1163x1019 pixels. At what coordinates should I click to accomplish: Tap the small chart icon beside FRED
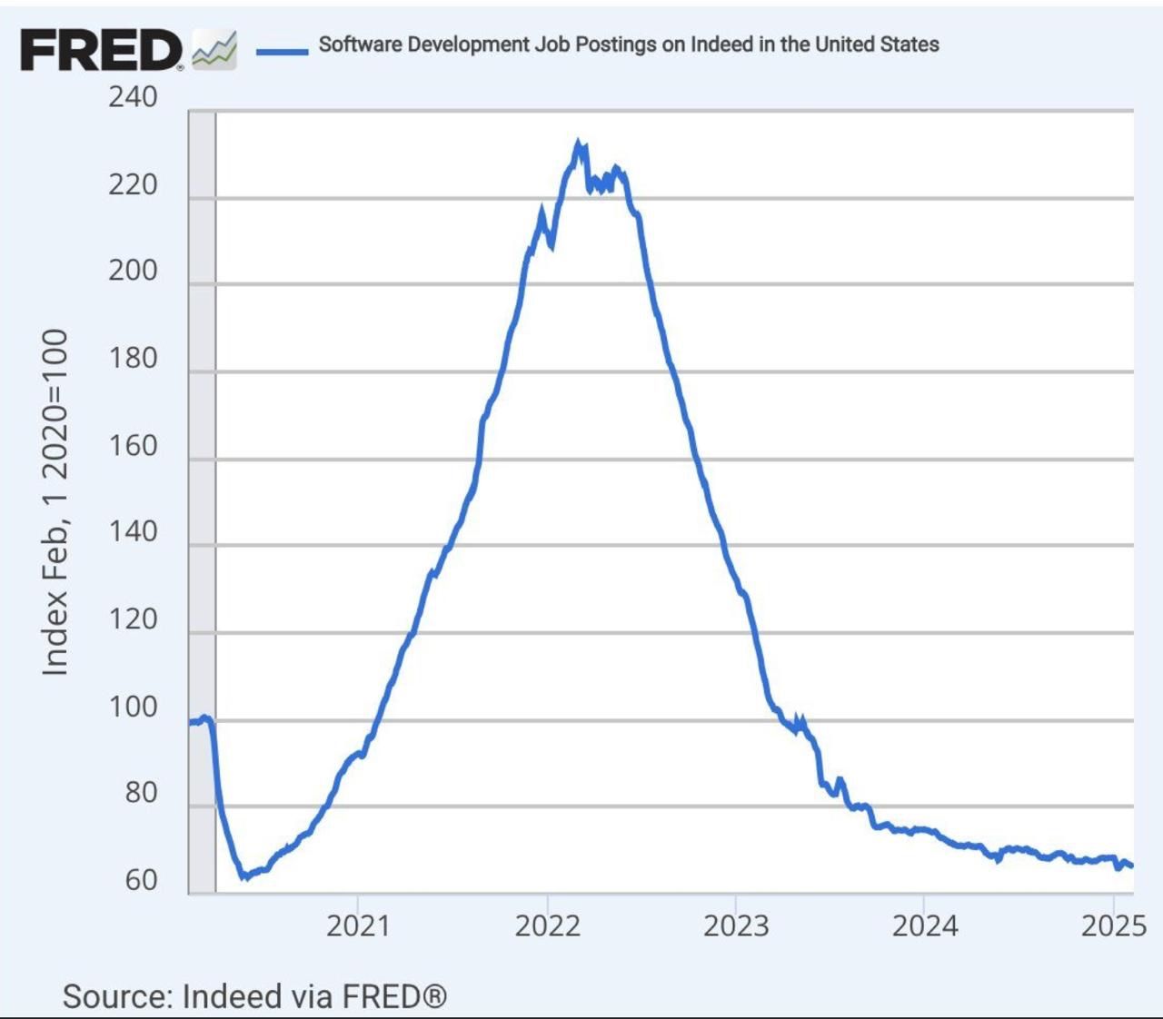click(214, 50)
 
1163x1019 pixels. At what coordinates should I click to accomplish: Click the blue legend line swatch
click(282, 51)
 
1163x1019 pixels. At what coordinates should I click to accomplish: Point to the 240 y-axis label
click(133, 96)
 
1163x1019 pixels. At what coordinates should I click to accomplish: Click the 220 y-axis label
click(133, 184)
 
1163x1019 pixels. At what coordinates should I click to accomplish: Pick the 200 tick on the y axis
click(133, 271)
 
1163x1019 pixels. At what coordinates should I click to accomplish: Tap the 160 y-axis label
click(133, 446)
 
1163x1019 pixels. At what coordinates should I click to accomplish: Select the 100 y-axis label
click(133, 707)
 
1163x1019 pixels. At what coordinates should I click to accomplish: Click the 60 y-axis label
click(141, 880)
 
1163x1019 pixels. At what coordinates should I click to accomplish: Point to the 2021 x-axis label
click(358, 925)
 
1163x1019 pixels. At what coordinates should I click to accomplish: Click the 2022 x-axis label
click(547, 925)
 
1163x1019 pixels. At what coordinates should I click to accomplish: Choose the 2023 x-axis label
click(736, 925)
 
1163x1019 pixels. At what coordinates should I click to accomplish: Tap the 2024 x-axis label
click(924, 925)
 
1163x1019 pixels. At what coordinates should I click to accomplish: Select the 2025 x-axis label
click(1113, 925)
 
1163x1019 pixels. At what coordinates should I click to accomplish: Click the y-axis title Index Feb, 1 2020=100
click(55, 502)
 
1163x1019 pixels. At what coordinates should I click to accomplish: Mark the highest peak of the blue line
click(578, 143)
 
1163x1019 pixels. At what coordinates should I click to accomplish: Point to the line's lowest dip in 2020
click(244, 876)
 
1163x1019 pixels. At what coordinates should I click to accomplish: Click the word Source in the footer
click(115, 996)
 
